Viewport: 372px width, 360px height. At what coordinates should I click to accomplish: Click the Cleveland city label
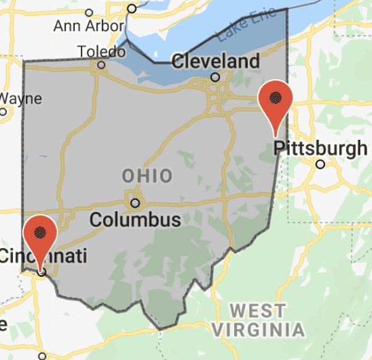(215, 61)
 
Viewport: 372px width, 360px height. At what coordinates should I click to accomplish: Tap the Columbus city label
(135, 219)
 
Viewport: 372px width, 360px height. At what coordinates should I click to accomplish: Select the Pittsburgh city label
(320, 148)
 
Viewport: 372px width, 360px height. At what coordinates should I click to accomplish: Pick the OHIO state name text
(147, 176)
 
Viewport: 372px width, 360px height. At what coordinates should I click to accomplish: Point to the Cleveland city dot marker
(215, 77)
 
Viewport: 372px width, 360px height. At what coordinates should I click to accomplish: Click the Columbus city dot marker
(135, 202)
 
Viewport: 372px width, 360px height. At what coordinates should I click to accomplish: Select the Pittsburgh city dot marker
(320, 164)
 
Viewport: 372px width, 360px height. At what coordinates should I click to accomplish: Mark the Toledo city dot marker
(101, 64)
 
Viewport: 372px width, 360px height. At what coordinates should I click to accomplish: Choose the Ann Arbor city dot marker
(89, 12)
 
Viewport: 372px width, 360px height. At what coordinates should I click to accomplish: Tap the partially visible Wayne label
(20, 98)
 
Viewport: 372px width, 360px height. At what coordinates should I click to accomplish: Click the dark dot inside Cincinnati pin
(40, 232)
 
